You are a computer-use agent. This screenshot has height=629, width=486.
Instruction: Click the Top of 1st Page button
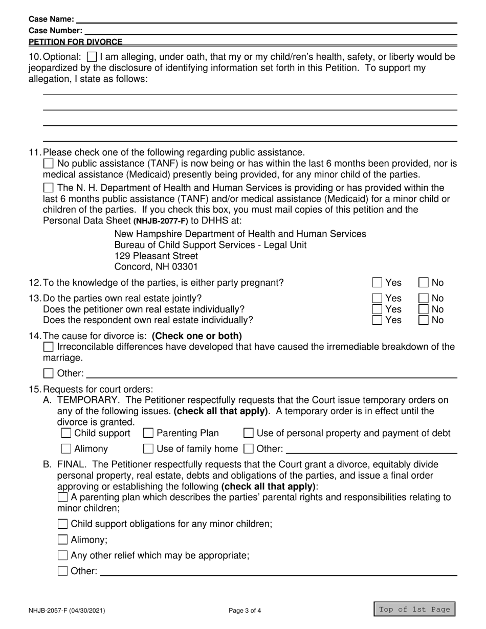[414, 609]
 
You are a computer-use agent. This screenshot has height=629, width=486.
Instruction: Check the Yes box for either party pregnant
[377, 283]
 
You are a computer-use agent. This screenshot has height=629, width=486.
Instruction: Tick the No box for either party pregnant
[424, 283]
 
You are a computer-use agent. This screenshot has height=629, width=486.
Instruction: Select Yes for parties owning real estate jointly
[377, 298]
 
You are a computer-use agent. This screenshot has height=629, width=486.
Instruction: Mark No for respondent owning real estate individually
[424, 320]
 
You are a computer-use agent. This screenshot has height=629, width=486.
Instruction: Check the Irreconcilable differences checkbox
[48, 347]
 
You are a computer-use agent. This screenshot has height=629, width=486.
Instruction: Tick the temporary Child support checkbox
[66, 434]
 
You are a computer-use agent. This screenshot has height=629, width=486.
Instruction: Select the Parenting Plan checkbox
[148, 434]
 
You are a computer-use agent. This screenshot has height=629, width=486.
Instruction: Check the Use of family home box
[148, 449]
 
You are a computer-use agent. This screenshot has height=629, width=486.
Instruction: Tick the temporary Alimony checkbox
[66, 449]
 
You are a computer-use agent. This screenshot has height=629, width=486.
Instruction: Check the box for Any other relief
[62, 555]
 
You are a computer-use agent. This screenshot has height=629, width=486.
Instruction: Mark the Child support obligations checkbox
[62, 524]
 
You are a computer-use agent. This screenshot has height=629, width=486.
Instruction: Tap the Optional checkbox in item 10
[92, 57]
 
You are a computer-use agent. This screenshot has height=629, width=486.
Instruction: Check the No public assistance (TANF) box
[48, 164]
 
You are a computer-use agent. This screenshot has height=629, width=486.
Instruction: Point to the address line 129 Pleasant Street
[156, 256]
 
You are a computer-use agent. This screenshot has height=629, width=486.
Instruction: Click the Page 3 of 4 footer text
[245, 610]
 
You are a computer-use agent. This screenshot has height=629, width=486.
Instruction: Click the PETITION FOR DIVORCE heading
[75, 42]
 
